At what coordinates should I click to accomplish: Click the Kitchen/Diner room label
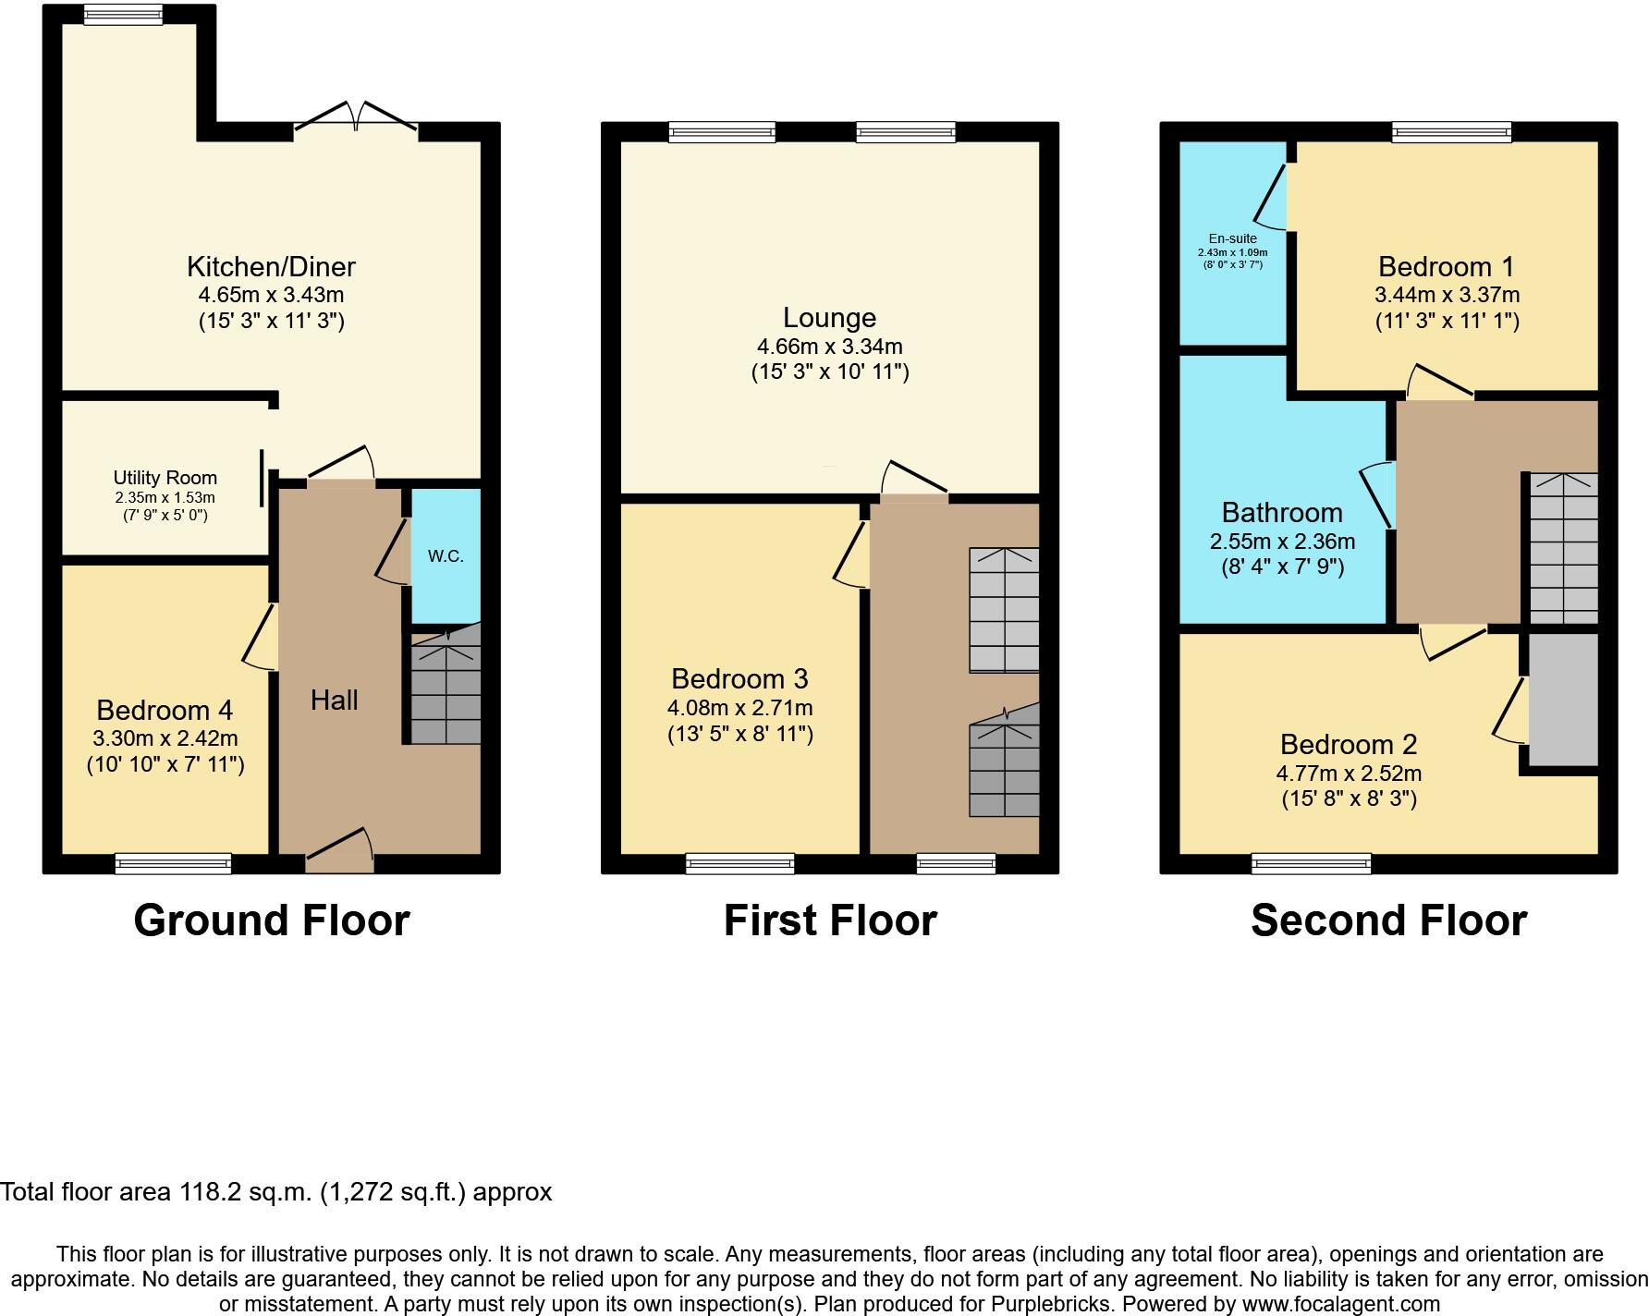(x=271, y=267)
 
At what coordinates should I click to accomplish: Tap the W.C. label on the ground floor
(x=446, y=556)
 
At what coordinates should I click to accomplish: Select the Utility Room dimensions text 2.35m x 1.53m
(x=165, y=497)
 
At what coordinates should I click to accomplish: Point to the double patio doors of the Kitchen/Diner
(x=357, y=118)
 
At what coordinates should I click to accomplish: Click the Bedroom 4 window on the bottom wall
(x=173, y=864)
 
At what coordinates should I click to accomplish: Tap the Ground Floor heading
(x=271, y=920)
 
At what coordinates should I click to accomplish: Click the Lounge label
(x=829, y=318)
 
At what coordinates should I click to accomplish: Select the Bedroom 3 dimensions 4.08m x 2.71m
(x=739, y=708)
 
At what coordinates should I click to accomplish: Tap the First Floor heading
(x=829, y=920)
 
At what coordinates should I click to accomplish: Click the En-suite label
(x=1232, y=238)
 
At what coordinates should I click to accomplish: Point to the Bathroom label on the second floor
(x=1281, y=513)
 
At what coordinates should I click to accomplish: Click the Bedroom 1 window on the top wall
(x=1451, y=132)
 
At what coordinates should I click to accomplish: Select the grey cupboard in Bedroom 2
(x=1563, y=699)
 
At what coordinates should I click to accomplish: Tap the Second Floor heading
(x=1388, y=920)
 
